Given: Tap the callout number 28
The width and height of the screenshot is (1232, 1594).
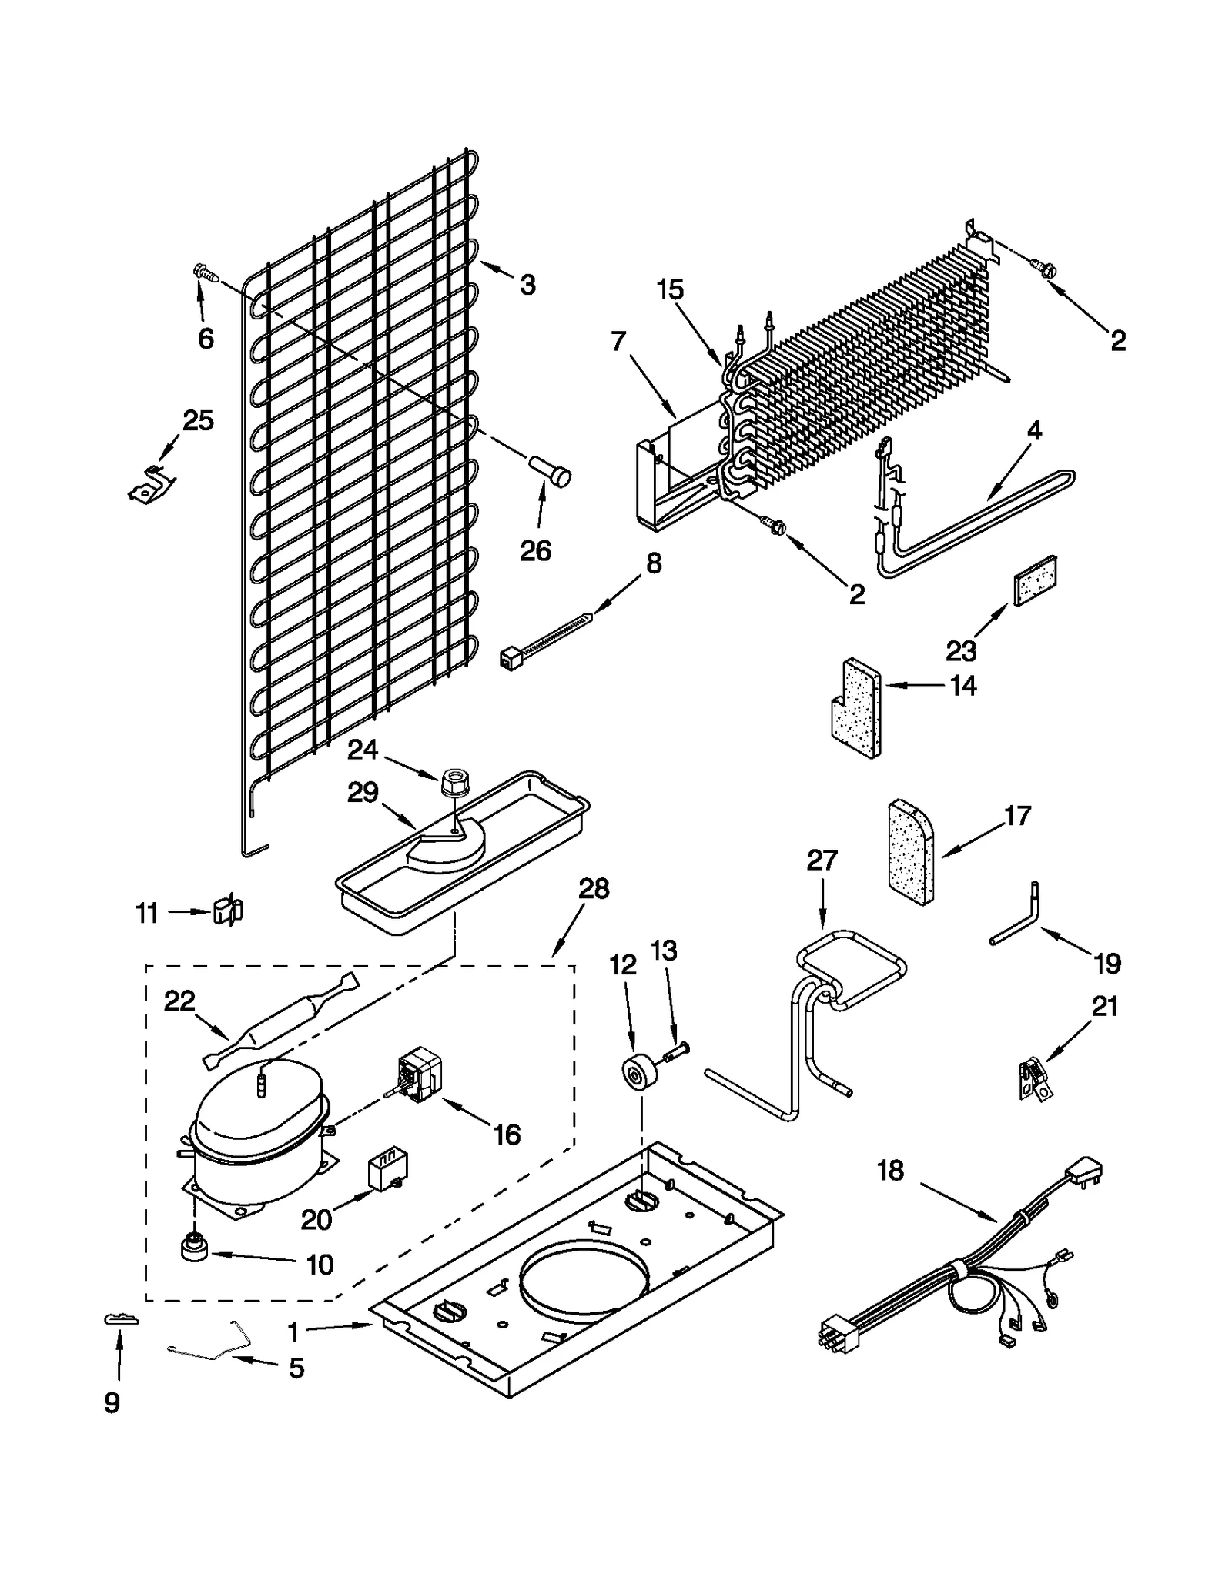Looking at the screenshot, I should point(594,889).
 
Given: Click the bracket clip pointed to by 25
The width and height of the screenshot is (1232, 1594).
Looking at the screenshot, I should point(152,485).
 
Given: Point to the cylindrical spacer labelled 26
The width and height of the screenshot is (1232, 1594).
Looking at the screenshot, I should point(551,471).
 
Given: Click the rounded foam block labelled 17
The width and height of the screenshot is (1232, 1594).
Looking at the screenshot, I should point(911,852).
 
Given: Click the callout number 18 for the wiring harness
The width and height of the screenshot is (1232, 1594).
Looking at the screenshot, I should point(890,1171).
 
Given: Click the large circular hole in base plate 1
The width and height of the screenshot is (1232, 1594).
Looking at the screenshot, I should point(583,1286).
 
